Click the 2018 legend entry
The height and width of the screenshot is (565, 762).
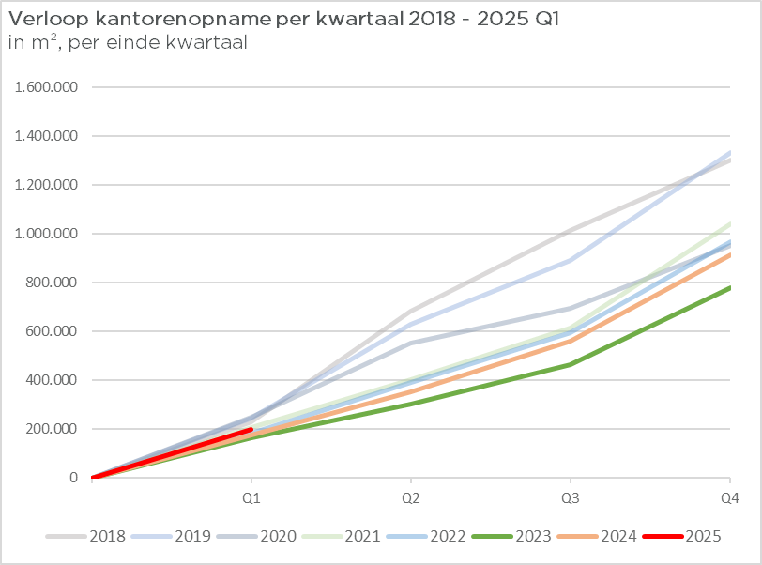click(x=85, y=536)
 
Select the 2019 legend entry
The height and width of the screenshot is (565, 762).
click(x=171, y=536)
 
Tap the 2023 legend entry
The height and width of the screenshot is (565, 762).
click(x=511, y=536)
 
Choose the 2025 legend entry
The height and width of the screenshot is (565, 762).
click(x=682, y=536)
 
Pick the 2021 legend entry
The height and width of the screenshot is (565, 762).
click(x=341, y=536)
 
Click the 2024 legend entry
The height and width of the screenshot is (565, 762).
click(x=597, y=536)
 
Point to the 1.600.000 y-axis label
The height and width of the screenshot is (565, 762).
click(x=46, y=87)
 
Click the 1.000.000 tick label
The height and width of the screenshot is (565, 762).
click(x=46, y=234)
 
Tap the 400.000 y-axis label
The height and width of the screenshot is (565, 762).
click(x=52, y=380)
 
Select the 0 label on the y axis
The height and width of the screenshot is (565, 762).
click(x=73, y=478)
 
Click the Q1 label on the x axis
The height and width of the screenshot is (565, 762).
click(x=251, y=499)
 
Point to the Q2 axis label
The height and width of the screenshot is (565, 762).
click(x=411, y=499)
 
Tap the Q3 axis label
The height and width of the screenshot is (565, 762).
click(x=570, y=499)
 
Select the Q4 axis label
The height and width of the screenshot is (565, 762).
click(x=729, y=499)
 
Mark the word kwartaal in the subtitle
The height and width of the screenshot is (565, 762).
click(x=206, y=42)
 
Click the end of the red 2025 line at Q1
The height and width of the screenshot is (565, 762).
click(x=251, y=430)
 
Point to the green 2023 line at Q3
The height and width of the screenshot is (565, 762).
click(x=570, y=365)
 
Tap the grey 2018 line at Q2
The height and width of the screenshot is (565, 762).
click(x=411, y=312)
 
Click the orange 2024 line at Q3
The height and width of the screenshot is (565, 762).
click(x=570, y=342)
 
